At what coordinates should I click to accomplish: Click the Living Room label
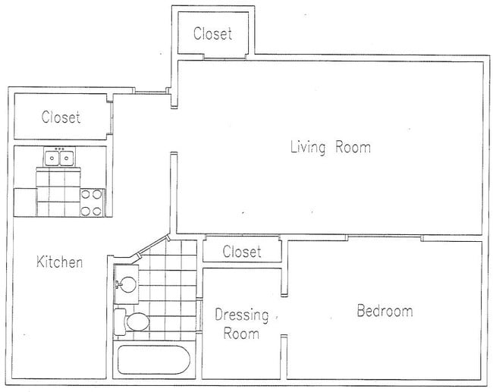331,147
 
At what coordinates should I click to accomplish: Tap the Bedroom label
385,311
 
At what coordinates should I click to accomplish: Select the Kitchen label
59,262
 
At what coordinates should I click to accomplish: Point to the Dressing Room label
241,324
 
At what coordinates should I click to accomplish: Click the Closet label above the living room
213,33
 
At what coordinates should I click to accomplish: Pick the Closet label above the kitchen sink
61,117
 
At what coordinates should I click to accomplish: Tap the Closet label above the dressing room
242,252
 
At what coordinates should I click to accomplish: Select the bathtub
154,360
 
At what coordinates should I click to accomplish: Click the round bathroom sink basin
127,284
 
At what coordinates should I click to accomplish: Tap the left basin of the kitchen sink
52,158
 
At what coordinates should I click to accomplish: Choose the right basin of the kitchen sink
67,158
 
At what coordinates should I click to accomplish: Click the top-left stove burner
86,194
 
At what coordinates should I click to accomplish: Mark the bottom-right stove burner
97,211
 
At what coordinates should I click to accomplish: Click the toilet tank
120,322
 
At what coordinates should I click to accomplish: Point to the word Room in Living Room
353,147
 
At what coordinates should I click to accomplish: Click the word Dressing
241,315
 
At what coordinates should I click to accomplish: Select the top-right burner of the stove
97,194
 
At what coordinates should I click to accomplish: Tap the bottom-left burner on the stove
86,211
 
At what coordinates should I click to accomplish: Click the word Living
308,148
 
